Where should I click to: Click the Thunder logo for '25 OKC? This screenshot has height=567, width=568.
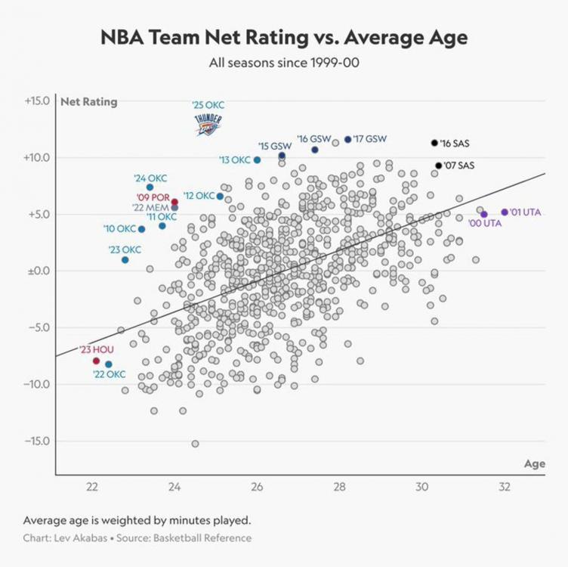(208, 125)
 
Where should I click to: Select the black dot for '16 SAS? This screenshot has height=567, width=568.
(434, 143)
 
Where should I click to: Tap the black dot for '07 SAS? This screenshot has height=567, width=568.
(438, 166)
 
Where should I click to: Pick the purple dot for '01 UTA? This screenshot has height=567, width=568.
(505, 212)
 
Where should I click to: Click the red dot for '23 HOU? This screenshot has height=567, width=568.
(96, 361)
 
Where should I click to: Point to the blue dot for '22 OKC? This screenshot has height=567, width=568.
(109, 364)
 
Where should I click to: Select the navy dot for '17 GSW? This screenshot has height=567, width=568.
(347, 139)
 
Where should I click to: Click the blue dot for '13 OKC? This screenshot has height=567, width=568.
(258, 160)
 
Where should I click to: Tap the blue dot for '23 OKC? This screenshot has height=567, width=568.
(125, 260)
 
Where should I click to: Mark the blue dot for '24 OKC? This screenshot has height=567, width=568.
(150, 187)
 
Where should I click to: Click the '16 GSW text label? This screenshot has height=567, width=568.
(314, 139)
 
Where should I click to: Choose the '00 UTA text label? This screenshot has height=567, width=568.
(484, 223)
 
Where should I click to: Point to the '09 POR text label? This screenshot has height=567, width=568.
(152, 198)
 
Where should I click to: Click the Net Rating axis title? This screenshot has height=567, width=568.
(89, 102)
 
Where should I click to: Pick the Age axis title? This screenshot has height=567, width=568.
(534, 464)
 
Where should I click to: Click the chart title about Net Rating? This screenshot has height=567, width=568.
(283, 38)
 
